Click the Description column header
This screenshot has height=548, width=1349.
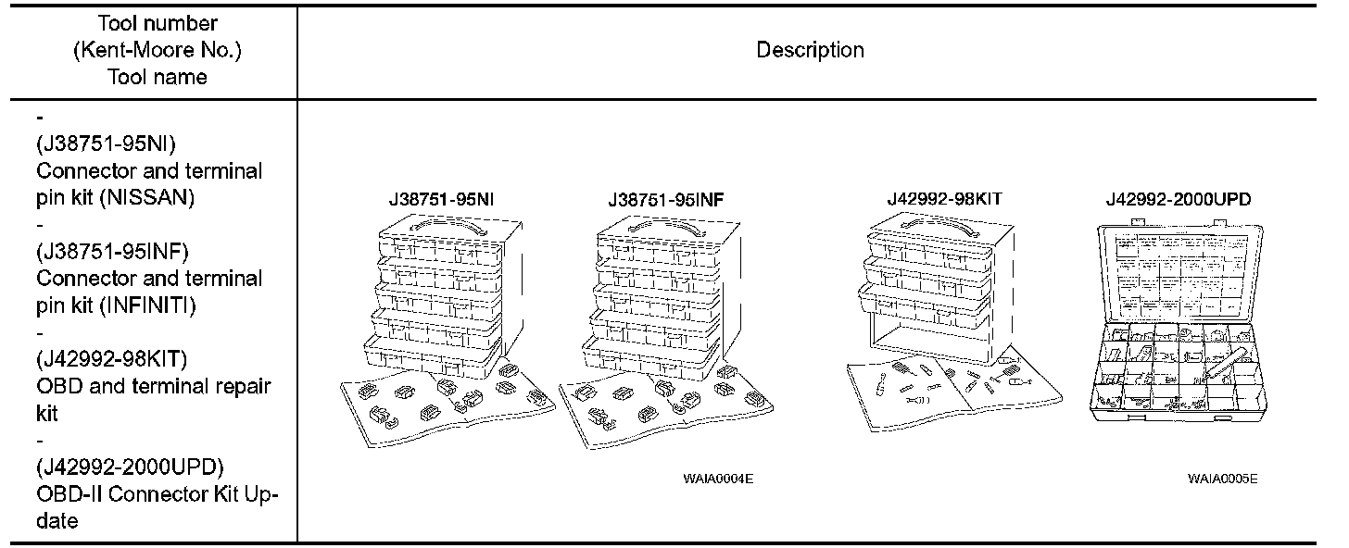[810, 50]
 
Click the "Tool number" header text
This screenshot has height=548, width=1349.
[157, 23]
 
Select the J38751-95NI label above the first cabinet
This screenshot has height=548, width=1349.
[440, 199]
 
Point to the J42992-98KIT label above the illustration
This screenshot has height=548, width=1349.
[944, 199]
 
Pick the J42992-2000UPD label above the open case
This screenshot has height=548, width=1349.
[1181, 199]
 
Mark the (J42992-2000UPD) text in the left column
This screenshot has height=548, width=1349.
[130, 466]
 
